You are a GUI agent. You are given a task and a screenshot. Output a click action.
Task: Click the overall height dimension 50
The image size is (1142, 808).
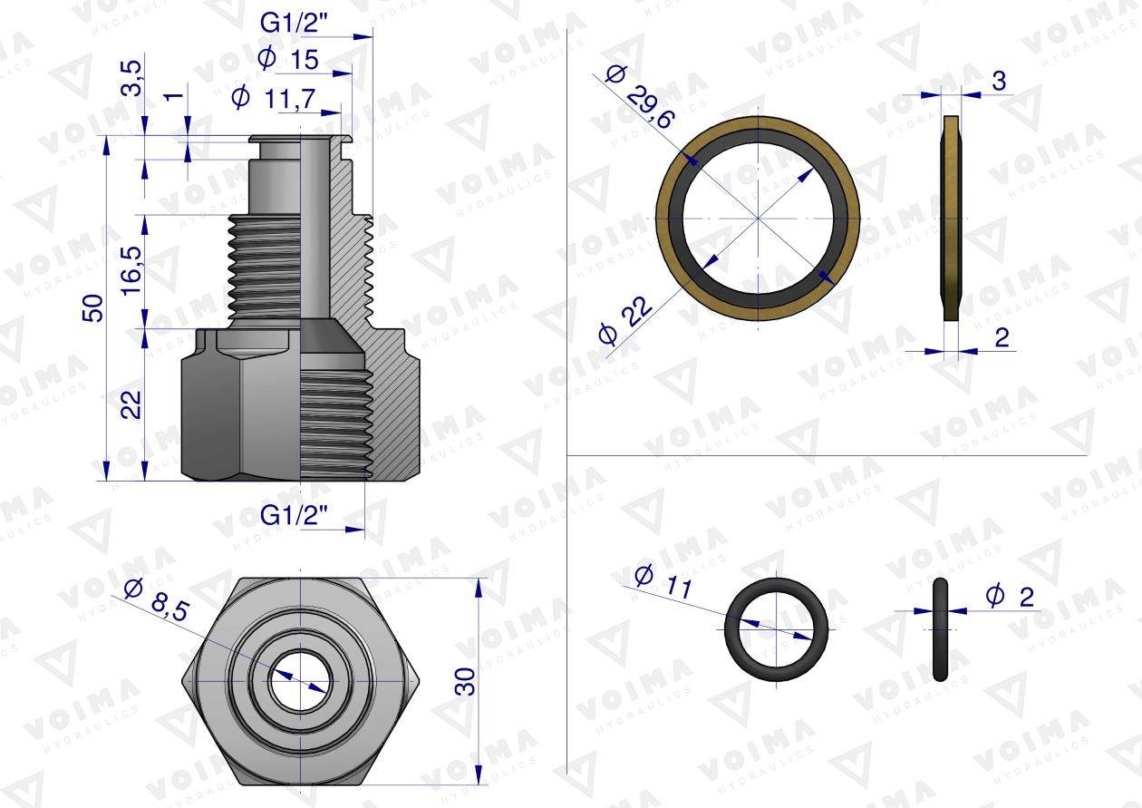[92, 308]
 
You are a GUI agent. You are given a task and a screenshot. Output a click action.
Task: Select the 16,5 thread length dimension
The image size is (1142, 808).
[131, 270]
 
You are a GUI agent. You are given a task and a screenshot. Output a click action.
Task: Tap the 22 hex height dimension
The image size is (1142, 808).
[131, 404]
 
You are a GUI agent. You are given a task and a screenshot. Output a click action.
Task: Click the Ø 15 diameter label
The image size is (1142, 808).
[288, 59]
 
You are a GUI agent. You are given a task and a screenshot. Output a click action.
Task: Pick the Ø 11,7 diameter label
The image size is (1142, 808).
[274, 98]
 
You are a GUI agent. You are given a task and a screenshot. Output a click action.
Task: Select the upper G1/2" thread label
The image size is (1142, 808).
[294, 23]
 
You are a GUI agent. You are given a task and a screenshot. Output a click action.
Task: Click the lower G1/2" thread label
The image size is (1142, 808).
[294, 515]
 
